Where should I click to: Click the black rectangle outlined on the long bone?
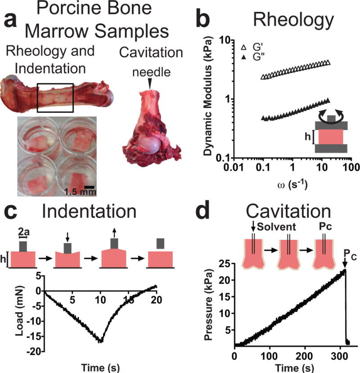55,97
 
